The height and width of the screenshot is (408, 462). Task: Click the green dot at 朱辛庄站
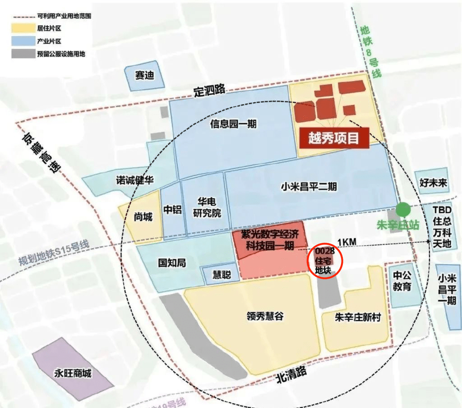point(403,210)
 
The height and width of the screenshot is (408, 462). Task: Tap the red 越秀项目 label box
point(334,138)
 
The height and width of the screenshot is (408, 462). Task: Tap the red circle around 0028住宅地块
point(326,261)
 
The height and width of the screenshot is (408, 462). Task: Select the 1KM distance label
point(346,243)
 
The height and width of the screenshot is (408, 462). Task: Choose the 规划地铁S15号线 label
point(54,253)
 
